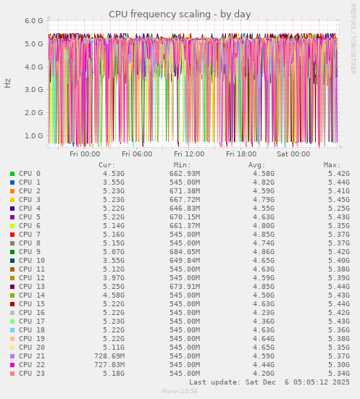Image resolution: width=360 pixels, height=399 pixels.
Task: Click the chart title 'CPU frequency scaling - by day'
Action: (x=180, y=14)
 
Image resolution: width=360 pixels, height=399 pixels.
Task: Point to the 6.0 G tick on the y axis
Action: (x=34, y=20)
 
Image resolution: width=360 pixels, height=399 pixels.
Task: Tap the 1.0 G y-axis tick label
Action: (x=34, y=135)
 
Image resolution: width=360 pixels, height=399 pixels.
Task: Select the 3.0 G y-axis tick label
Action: (x=34, y=90)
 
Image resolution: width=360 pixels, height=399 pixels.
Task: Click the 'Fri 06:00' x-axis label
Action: (x=137, y=154)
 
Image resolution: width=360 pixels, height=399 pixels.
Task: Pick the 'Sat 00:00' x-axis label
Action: (x=293, y=154)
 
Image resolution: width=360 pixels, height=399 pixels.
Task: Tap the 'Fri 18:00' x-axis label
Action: (x=241, y=154)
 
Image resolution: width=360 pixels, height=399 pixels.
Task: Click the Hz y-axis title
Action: (x=8, y=83)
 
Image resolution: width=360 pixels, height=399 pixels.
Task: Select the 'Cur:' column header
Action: (x=106, y=165)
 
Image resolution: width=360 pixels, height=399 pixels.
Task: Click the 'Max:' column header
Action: (x=332, y=165)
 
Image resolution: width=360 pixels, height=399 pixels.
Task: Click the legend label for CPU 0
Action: (x=30, y=174)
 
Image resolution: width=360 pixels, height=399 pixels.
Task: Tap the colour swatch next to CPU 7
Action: (x=12, y=235)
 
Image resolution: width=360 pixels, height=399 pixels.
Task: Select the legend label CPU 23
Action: (x=32, y=374)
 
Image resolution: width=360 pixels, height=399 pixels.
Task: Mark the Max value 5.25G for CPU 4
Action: (x=338, y=209)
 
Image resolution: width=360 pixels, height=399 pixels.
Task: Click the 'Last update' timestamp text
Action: (x=269, y=382)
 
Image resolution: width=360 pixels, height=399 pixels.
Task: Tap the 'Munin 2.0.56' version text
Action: (x=180, y=391)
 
